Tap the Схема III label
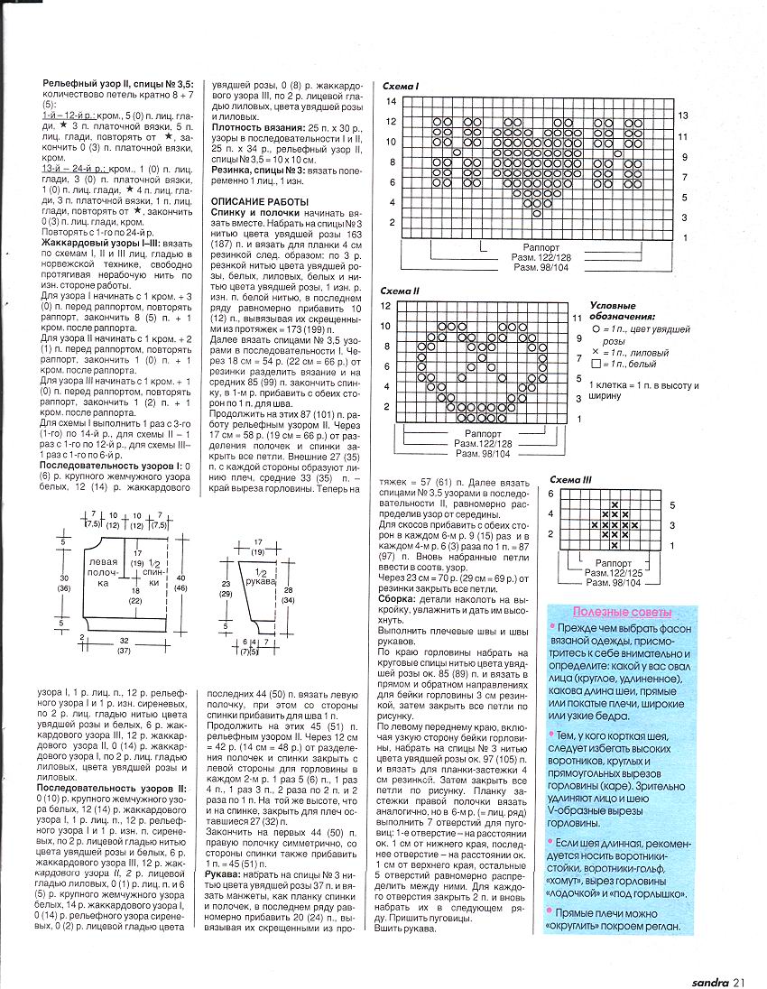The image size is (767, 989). click(x=572, y=479)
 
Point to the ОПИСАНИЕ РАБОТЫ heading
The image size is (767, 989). click(x=260, y=200)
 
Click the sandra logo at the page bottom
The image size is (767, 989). click(x=712, y=972)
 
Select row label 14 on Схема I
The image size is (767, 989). click(x=393, y=100)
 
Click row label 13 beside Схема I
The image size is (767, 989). click(x=684, y=116)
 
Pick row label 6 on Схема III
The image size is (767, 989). click(x=550, y=494)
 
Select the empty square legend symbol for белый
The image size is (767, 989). click(x=595, y=364)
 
